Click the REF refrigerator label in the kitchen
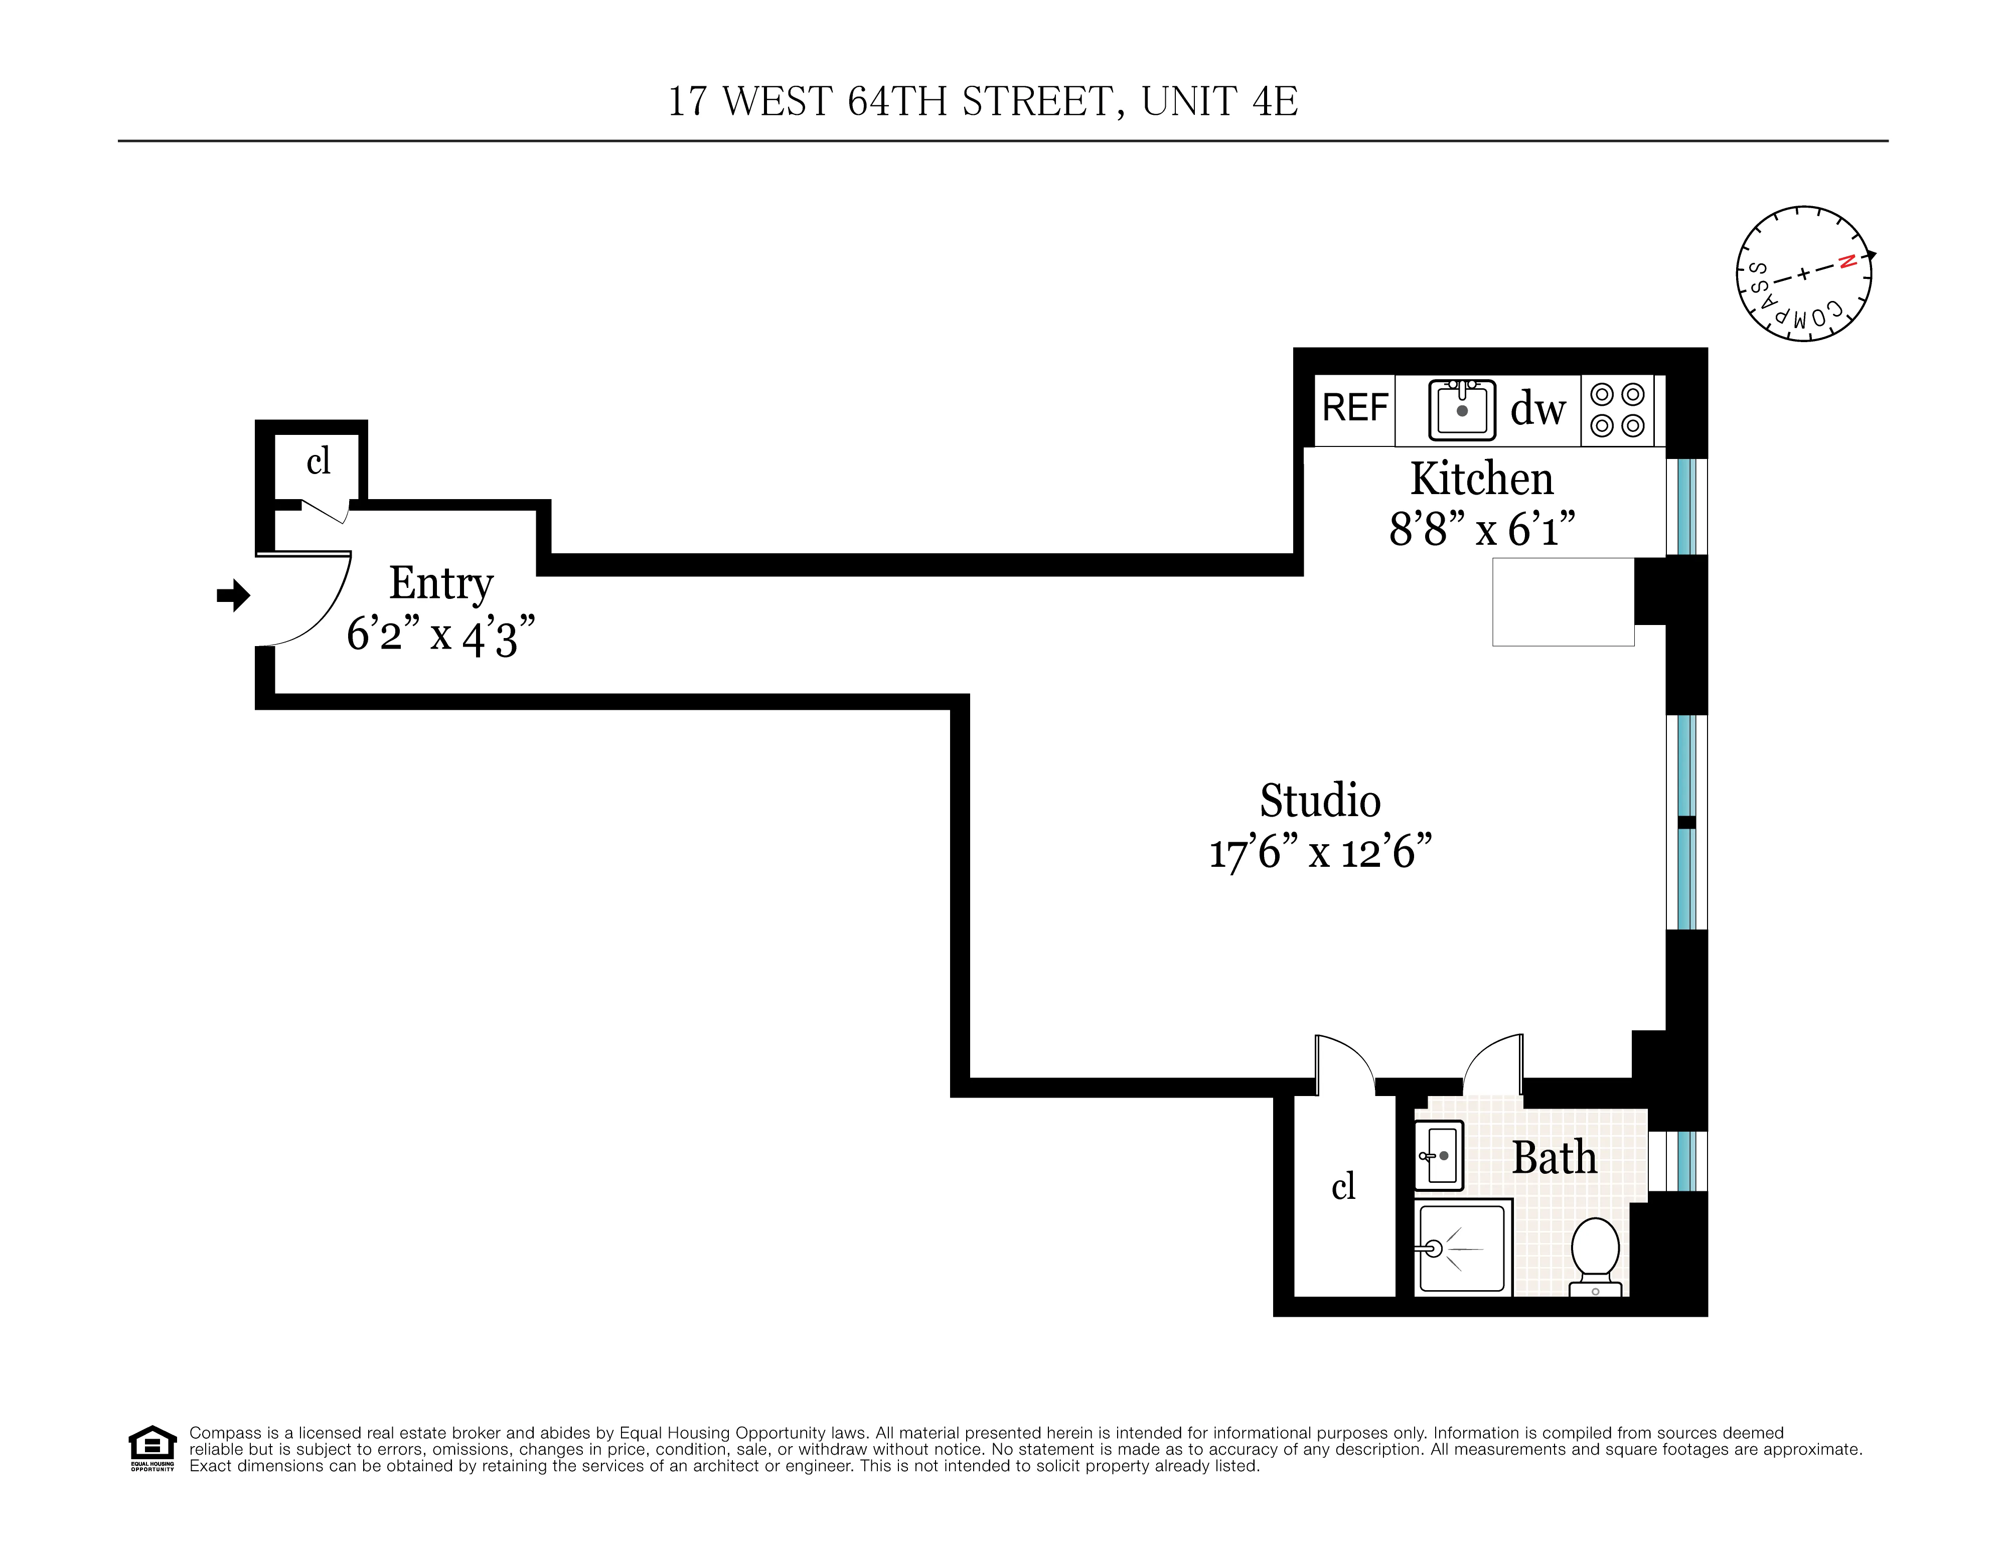[x=1354, y=408]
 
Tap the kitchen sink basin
[x=1462, y=410]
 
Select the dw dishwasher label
[x=1537, y=409]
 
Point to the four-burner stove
[x=1617, y=410]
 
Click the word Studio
[x=1320, y=801]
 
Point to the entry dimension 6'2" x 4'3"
[x=441, y=634]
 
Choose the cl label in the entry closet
[x=318, y=461]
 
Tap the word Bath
[x=1554, y=1158]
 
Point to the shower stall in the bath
[x=1462, y=1248]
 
